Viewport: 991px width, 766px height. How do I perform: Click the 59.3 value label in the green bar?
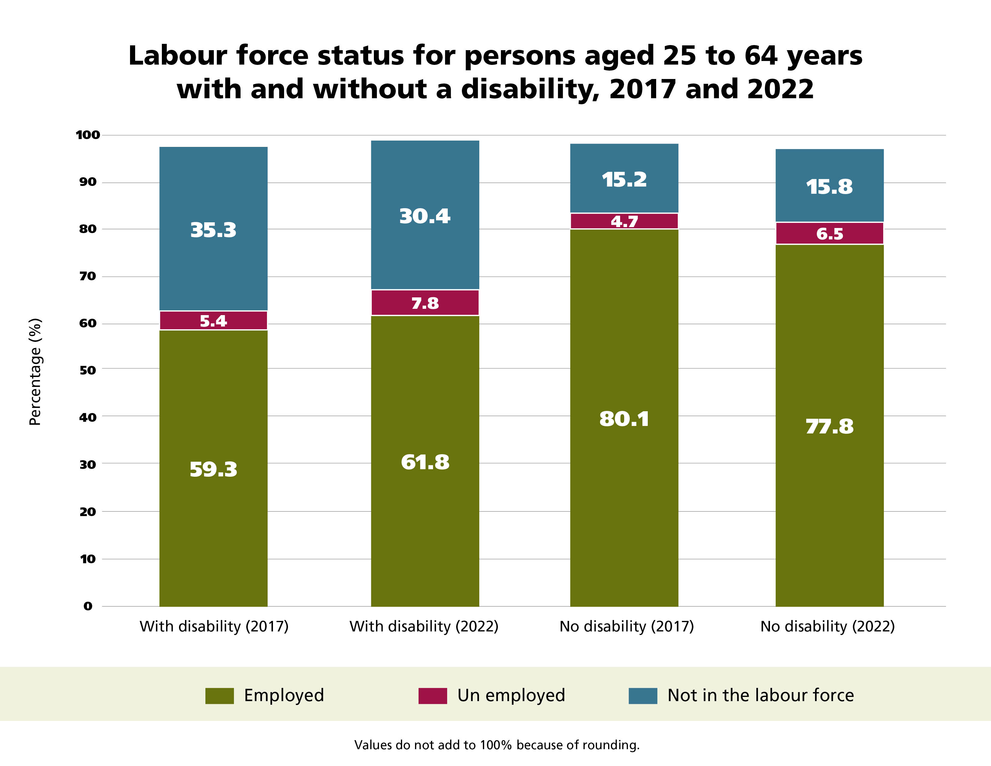pos(213,469)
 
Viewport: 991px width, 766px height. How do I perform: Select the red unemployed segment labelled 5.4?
pos(213,321)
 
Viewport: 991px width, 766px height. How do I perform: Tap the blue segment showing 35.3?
pos(213,229)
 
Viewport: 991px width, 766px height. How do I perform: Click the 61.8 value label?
pos(425,462)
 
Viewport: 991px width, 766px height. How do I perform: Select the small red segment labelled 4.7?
pos(624,221)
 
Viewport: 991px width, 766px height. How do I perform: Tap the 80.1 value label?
pos(624,419)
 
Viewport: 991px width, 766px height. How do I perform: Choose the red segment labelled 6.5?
pos(829,233)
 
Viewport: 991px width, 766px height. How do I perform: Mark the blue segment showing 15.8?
pos(829,186)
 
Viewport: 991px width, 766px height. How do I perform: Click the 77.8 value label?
pos(829,426)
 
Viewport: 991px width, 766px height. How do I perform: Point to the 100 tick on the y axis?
pos(88,135)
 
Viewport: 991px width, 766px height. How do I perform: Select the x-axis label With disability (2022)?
pos(424,626)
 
